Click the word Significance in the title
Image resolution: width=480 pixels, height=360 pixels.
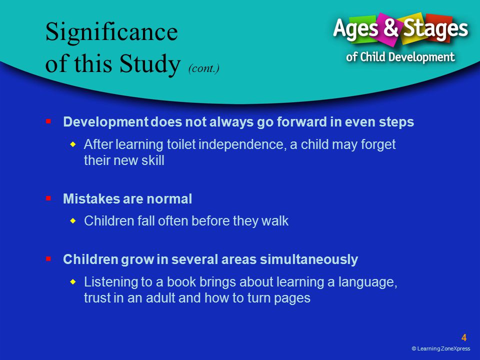point(111,32)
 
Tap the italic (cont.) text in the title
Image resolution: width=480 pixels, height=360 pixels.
point(204,68)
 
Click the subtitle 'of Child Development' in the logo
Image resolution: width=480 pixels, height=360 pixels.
point(400,57)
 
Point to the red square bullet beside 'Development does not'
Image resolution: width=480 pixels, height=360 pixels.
point(48,121)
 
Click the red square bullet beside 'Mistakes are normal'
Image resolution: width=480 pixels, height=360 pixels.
point(48,198)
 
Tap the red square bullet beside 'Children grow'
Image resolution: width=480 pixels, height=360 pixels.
point(48,259)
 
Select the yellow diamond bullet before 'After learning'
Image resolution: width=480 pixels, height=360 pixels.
point(73,144)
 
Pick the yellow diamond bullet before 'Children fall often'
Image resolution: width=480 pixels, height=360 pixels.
point(73,220)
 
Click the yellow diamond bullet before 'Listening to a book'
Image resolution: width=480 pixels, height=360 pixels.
point(73,281)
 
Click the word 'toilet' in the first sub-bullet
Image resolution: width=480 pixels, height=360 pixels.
point(181,144)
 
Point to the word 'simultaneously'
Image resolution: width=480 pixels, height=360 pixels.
point(309,259)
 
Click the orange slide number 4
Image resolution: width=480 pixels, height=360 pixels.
point(464,337)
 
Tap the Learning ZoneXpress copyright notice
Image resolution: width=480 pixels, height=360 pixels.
point(441,348)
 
